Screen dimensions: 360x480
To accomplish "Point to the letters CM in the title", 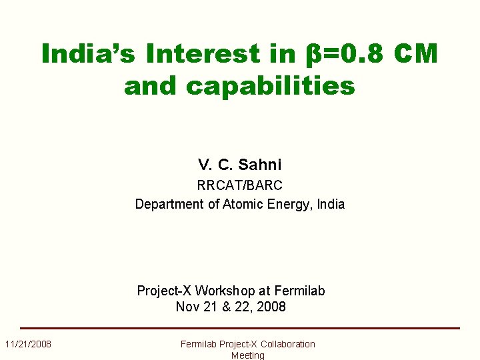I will tap(415, 54).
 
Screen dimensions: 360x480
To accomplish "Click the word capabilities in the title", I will tap(271, 86).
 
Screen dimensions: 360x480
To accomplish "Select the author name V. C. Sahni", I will tap(239, 165).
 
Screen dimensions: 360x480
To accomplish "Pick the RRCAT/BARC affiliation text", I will tap(239, 185).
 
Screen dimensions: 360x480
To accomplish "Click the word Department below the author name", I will tap(170, 204).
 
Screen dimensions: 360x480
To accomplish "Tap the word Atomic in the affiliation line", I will tap(239, 204).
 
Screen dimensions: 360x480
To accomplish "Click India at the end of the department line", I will tap(331, 204).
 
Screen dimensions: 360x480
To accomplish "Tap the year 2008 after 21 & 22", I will tap(271, 307).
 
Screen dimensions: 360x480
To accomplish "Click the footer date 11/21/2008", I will tap(28, 344).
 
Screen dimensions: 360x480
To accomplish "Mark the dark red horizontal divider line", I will tap(239, 328).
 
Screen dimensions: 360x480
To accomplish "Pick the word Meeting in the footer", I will tap(247, 355).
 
